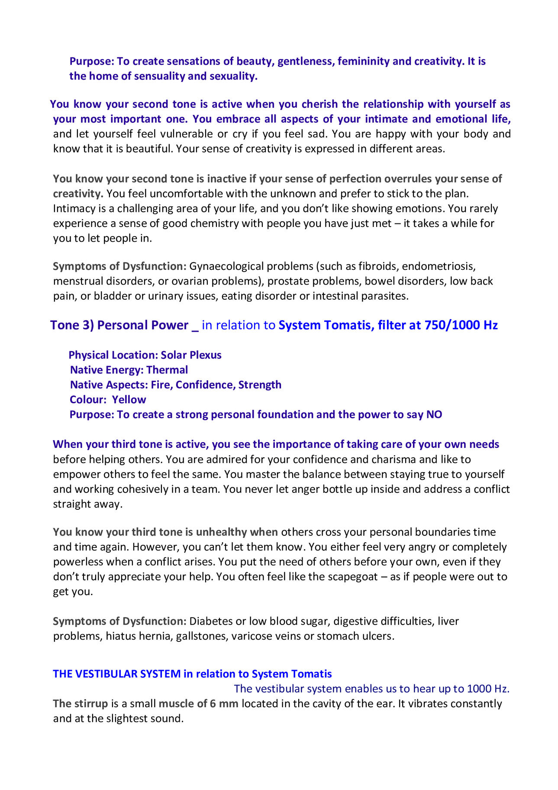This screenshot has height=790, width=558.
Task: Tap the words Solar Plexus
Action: [191, 355]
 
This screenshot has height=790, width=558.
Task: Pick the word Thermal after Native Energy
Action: [167, 370]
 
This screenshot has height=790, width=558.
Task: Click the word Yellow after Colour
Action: [129, 400]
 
